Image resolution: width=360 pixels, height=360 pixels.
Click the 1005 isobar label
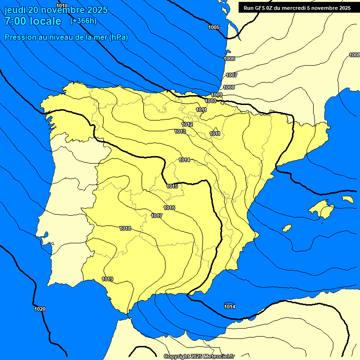pos(214,27)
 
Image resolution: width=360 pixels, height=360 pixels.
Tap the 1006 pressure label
pos(229,59)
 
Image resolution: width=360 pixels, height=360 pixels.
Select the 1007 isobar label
pos(232,75)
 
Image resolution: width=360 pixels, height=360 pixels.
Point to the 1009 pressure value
pos(217,95)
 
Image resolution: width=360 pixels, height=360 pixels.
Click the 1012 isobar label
pos(187,124)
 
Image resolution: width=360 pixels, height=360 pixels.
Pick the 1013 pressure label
pos(180,131)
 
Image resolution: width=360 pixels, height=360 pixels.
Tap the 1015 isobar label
pos(172,186)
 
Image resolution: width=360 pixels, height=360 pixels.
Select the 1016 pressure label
pos(170,208)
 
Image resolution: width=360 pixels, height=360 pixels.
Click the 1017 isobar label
pos(157,216)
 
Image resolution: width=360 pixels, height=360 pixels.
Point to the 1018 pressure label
pos(125,228)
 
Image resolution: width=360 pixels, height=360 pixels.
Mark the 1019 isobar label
pos(107,279)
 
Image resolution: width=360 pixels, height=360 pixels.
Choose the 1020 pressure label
pos(40,309)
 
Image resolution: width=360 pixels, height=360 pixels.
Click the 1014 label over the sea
pos(230,307)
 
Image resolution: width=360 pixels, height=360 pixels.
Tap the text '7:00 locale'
pos(33,21)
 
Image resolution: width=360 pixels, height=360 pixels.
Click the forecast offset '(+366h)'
pos(83,21)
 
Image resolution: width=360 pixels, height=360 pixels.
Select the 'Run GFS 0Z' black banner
pos(297,7)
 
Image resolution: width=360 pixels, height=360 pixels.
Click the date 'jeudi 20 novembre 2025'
pos(56,10)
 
